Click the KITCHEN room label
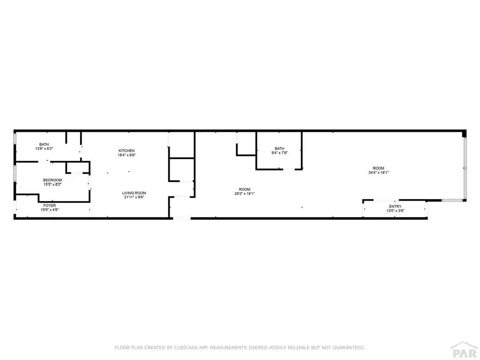(x=127, y=150)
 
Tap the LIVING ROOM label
(x=135, y=193)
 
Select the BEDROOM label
(x=52, y=180)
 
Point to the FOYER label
(x=50, y=205)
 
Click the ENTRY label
(x=395, y=206)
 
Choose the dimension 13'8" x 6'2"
(x=44, y=149)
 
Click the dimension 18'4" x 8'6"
(x=127, y=155)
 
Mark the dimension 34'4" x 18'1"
(x=378, y=172)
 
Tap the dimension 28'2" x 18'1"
(x=244, y=194)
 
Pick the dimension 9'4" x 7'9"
(x=279, y=153)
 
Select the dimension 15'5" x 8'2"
(x=52, y=184)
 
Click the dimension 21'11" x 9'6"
(x=135, y=197)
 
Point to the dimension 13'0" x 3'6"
(x=395, y=211)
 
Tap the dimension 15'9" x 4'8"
(x=50, y=210)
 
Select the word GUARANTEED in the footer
(x=349, y=348)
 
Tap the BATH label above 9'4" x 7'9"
(x=279, y=149)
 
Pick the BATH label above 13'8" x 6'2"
(x=44, y=144)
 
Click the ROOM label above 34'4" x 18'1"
(x=378, y=168)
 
